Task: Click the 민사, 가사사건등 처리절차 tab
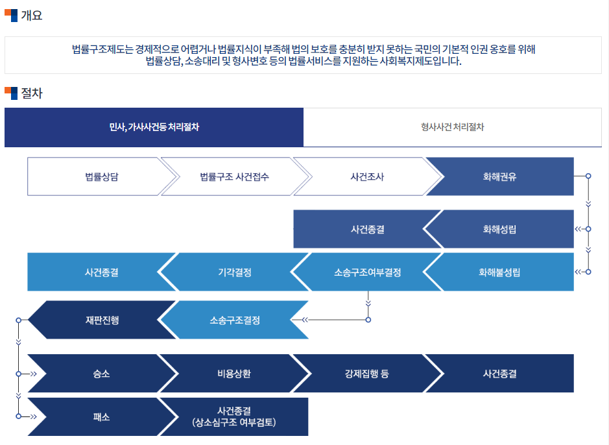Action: pyautogui.click(x=154, y=127)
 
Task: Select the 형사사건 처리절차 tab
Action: pyautogui.click(x=452, y=127)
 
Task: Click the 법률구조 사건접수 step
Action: pyautogui.click(x=234, y=176)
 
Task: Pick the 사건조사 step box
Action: pyautogui.click(x=366, y=176)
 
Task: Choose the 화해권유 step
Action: pyautogui.click(x=499, y=176)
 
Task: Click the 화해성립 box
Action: pyautogui.click(x=499, y=229)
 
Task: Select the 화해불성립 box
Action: pyautogui.click(x=499, y=272)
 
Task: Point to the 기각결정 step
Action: pyautogui.click(x=234, y=272)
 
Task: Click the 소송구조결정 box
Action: pyautogui.click(x=234, y=320)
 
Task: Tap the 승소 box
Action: pyautogui.click(x=101, y=374)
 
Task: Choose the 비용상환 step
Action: pyautogui.click(x=234, y=374)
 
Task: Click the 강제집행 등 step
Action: pyautogui.click(x=366, y=374)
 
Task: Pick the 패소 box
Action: pyautogui.click(x=101, y=417)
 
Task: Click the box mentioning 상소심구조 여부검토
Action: pyautogui.click(x=234, y=417)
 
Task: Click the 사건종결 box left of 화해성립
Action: pyautogui.click(x=366, y=229)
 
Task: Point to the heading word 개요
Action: pyautogui.click(x=31, y=16)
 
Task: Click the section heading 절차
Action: pyautogui.click(x=31, y=93)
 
